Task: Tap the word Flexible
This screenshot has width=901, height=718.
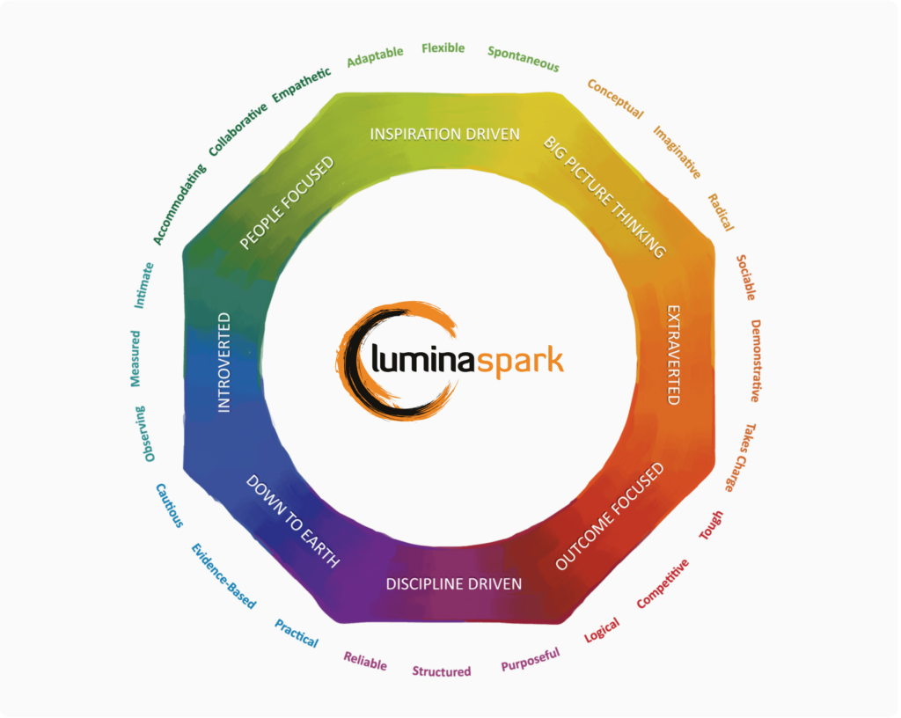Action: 443,48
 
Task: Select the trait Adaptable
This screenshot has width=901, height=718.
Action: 375,56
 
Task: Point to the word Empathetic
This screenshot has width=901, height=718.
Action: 301,84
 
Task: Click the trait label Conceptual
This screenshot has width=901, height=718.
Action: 615,99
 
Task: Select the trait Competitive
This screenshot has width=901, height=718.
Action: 662,583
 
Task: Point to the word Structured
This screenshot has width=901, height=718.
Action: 442,671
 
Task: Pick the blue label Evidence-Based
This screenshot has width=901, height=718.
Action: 223,576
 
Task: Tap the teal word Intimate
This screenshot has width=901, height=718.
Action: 144,285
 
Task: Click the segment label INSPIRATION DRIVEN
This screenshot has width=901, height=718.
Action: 444,134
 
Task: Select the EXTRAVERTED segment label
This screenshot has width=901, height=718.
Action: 673,355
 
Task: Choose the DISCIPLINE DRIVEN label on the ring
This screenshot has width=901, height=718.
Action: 454,583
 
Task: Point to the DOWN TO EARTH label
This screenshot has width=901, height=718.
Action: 293,521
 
